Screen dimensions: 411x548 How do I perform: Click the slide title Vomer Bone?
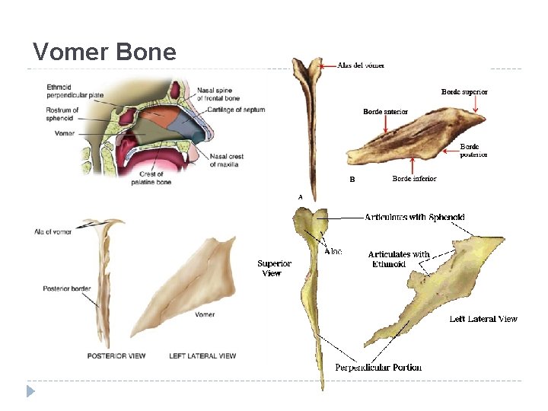pos(105,52)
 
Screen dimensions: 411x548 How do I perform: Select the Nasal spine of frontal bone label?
pos(219,94)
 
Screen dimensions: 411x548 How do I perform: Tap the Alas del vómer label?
pos(361,65)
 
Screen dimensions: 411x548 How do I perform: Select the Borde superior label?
pos(464,92)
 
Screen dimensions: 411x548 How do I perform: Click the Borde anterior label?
pos(385,112)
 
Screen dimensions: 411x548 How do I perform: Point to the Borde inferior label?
pos(414,179)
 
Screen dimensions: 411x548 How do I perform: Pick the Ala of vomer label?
pos(53,231)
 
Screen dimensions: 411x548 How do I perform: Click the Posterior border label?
pos(67,289)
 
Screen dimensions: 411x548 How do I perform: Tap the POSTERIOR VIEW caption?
pos(116,355)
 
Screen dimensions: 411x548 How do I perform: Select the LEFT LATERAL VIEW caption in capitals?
pos(202,355)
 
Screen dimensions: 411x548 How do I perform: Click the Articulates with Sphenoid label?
pos(414,218)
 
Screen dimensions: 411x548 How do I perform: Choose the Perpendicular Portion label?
pos(378,368)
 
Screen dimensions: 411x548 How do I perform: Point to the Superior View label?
pos(274,268)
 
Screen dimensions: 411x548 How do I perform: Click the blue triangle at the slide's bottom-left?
pos(30,391)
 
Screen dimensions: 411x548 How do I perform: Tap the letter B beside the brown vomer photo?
pos(352,180)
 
